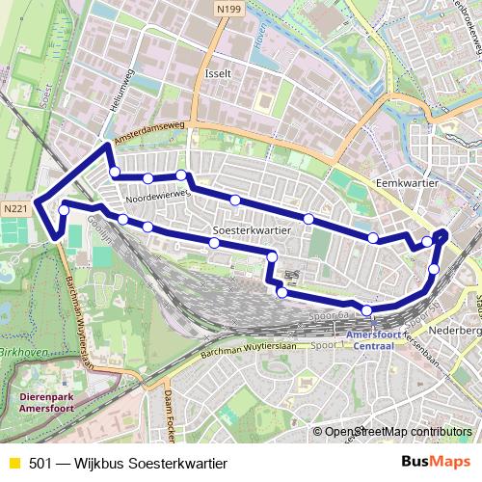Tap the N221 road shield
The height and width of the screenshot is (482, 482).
coord(14,207)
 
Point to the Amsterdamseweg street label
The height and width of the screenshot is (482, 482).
coord(150,138)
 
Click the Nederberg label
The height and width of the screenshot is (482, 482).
coord(462,330)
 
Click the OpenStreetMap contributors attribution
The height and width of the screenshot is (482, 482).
coord(399,432)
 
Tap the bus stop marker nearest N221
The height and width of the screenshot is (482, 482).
coord(64,209)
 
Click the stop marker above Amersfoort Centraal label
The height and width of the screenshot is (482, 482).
coord(367,309)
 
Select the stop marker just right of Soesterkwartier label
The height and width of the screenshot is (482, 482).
coord(272,256)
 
